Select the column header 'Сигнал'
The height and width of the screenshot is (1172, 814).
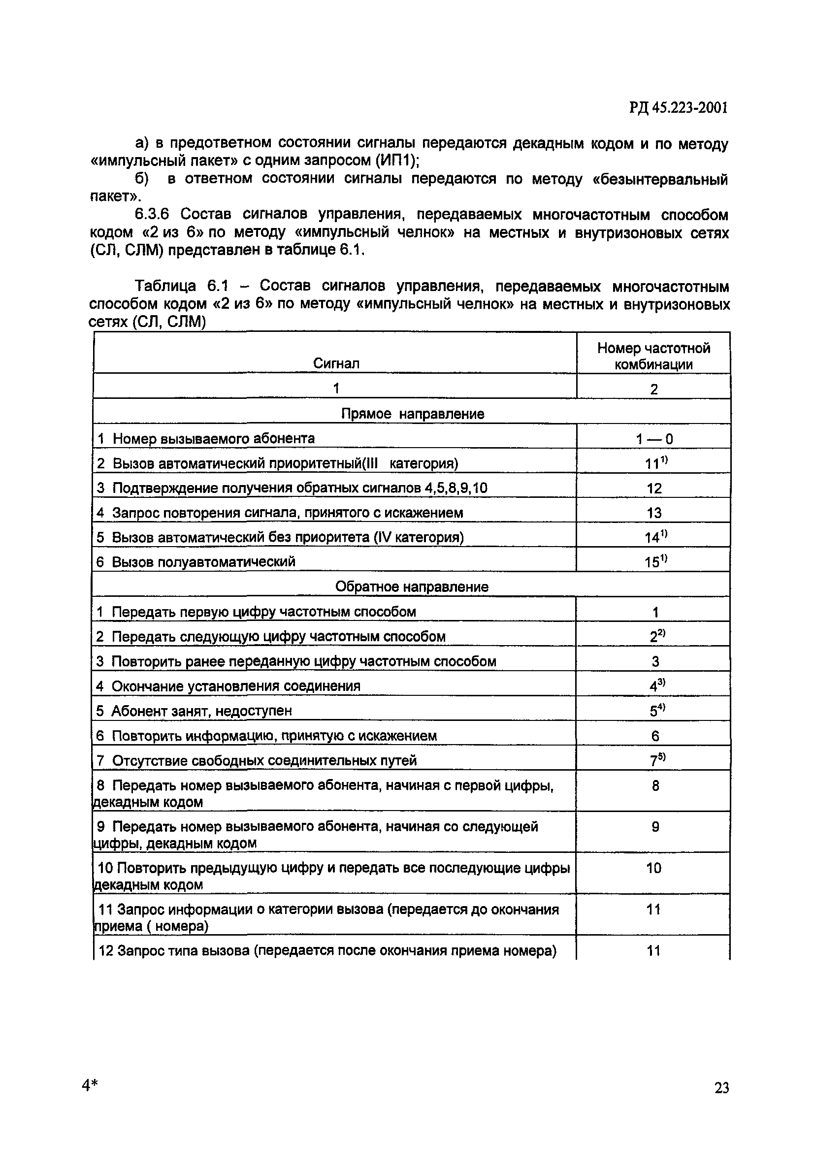(x=336, y=363)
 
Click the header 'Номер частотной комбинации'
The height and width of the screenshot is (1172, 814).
(x=653, y=356)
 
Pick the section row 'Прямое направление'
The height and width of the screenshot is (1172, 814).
(x=412, y=414)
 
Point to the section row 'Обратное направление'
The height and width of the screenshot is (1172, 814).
(x=412, y=586)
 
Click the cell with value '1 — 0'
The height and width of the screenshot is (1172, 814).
(x=654, y=439)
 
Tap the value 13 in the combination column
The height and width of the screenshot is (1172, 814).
(x=654, y=513)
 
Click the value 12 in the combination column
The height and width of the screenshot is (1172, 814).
(x=654, y=488)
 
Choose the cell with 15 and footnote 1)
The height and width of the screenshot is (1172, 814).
(x=655, y=561)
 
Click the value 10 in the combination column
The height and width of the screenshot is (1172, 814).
(x=654, y=868)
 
